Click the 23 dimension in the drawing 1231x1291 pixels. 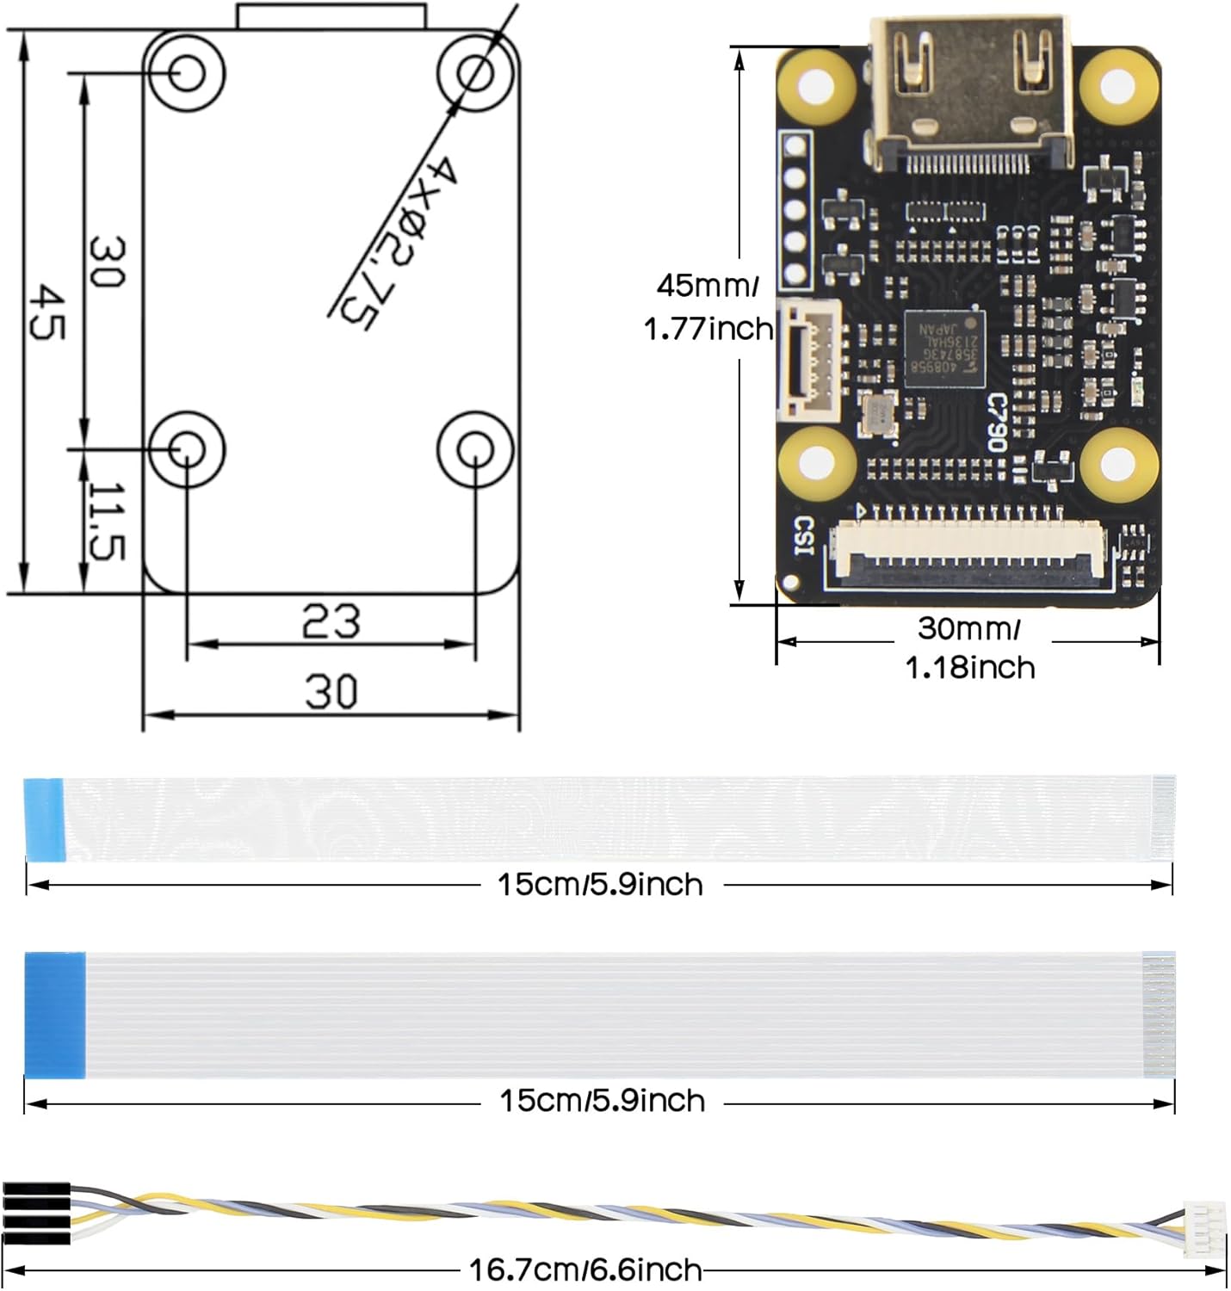point(331,621)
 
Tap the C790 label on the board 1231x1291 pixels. point(996,422)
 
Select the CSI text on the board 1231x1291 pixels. point(803,535)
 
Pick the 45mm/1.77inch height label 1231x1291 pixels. point(708,306)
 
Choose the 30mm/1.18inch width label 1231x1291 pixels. point(969,648)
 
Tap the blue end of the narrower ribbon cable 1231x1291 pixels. point(44,819)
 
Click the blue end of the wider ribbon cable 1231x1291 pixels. point(55,1014)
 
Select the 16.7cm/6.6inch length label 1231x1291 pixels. point(585,1269)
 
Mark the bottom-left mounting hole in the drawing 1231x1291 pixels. point(186,448)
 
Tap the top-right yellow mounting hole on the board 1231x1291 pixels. point(1118,84)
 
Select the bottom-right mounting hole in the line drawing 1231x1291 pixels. point(474,448)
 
